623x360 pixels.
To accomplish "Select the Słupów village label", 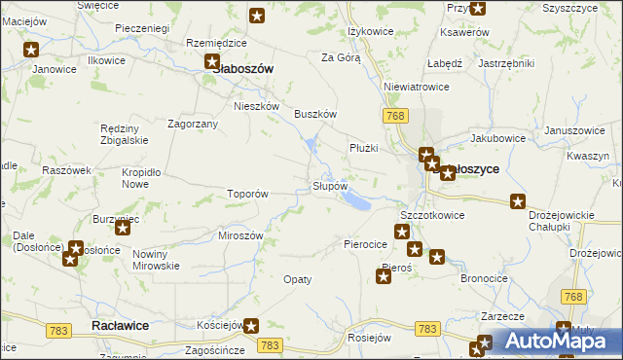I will coord(330,185).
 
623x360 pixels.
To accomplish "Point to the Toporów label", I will coord(247,194).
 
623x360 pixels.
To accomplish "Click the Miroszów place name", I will coord(241,236).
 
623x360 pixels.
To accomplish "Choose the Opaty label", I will coord(298,279).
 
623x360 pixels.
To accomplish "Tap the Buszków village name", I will coord(315,114).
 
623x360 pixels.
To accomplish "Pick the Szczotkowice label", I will coord(432,215).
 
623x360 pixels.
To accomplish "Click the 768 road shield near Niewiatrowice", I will coord(394,117).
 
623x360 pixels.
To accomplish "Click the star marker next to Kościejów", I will coord(251,327).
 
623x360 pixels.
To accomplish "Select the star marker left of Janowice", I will coord(31,50).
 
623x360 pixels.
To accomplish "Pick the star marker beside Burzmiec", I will coord(123,228).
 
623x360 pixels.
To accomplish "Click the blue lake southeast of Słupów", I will coord(356,201).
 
